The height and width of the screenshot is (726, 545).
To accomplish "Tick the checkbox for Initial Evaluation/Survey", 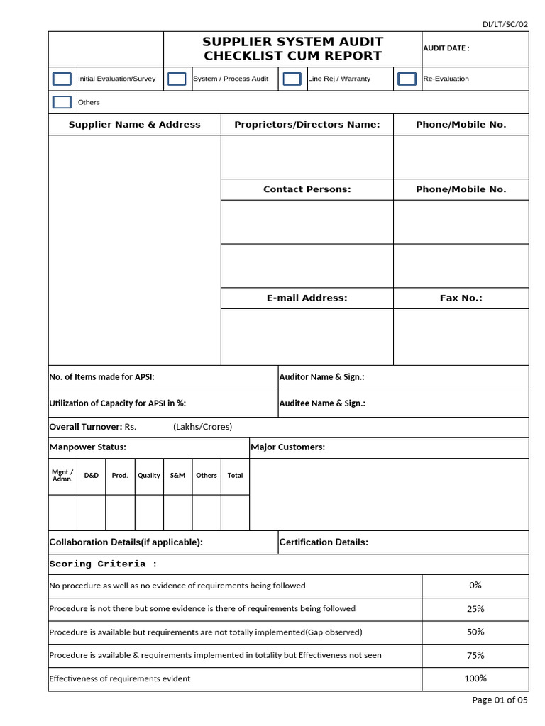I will [62, 79].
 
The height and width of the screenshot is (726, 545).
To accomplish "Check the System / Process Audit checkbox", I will [177, 79].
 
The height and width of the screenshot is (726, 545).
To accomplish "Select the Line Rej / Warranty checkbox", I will [292, 79].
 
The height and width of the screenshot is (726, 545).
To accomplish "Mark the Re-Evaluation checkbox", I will [407, 79].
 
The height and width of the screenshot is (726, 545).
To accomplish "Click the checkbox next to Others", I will [62, 102].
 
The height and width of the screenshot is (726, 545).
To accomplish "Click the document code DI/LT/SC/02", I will [505, 24].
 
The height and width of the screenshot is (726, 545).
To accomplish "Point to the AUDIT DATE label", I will [446, 48].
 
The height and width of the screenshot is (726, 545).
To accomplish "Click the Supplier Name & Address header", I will [134, 125].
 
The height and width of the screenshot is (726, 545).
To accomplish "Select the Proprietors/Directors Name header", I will [307, 125].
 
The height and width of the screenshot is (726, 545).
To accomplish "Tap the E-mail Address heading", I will [307, 298].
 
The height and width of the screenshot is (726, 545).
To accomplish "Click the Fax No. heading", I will [461, 298].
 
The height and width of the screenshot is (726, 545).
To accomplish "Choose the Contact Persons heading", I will [307, 189].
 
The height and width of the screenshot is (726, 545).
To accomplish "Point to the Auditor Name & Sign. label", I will [321, 378].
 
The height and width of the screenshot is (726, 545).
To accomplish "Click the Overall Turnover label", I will [85, 427].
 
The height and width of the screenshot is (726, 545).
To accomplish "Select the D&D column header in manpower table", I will [91, 476].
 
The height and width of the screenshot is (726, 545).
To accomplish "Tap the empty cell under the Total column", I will [235, 513].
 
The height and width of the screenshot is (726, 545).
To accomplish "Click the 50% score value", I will [475, 632].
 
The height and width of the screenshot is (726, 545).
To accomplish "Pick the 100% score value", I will [475, 678].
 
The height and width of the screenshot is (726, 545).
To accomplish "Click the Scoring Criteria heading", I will [102, 564].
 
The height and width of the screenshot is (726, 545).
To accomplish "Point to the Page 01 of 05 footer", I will [500, 700].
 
